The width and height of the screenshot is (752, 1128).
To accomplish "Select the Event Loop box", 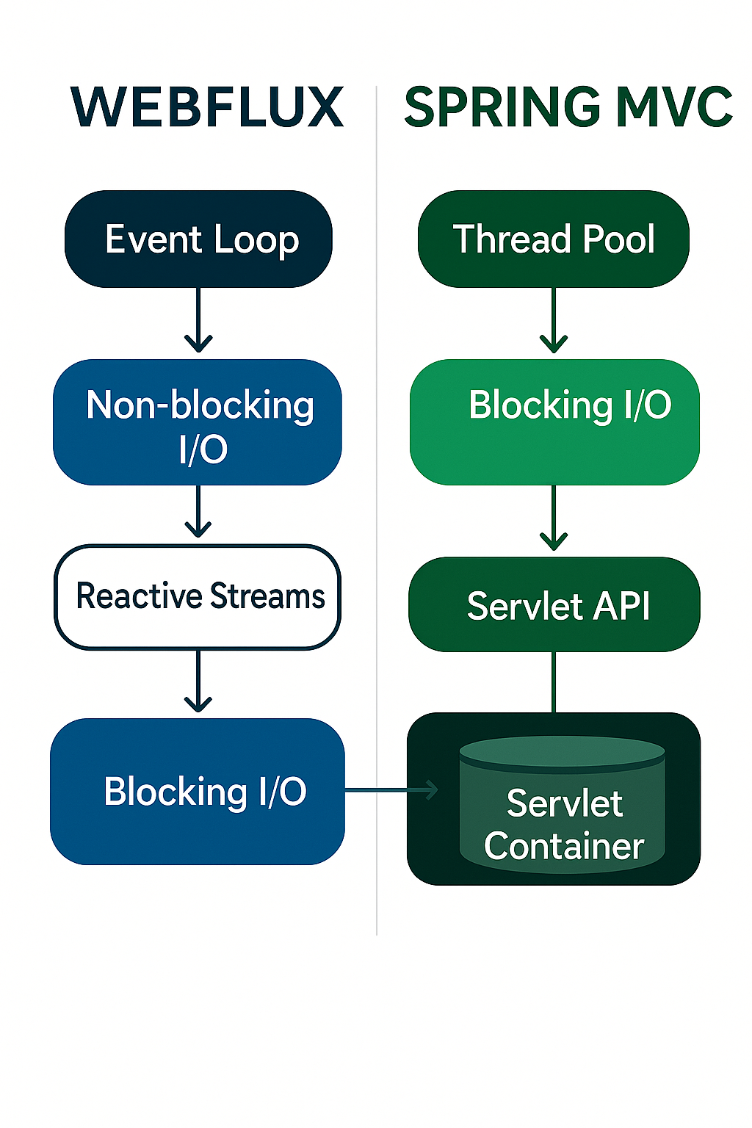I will (199, 239).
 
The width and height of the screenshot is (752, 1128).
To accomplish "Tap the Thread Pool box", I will (554, 239).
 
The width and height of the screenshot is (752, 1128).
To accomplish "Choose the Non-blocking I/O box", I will (198, 423).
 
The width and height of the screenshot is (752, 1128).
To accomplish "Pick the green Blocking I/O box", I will (554, 422).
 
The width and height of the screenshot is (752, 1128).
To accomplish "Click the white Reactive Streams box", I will (198, 597).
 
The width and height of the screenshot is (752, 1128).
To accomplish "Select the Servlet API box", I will (554, 605).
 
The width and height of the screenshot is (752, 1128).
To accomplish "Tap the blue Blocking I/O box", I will (198, 792).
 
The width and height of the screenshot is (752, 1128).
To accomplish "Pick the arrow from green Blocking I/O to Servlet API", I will (554, 518).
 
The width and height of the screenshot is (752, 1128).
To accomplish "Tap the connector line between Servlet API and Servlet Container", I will (554, 682).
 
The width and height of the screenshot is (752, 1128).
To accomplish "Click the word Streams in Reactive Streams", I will (267, 596).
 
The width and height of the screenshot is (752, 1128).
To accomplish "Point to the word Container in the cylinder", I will (564, 847).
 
